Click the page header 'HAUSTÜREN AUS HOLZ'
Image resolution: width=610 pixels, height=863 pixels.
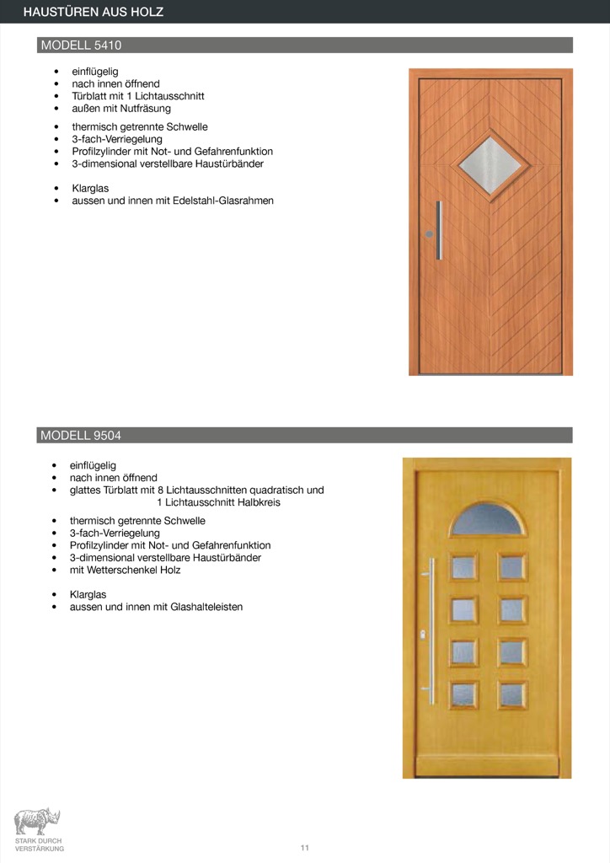coord(93,12)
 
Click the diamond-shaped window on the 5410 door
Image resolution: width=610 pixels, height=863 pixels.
coord(491,164)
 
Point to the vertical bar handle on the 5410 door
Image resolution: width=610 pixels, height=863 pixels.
coord(438,230)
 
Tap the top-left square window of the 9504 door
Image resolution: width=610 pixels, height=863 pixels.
coord(464,567)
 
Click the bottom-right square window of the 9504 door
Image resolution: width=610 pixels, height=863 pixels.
coord(511,694)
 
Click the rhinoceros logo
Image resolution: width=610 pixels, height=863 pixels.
coord(37,821)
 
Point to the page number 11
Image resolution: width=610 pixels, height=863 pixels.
coord(305,847)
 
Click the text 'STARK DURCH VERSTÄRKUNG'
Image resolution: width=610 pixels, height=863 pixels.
coord(39,844)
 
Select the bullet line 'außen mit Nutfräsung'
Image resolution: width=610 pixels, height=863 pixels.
coord(121,109)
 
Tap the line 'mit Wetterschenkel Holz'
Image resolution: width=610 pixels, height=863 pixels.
coord(126,570)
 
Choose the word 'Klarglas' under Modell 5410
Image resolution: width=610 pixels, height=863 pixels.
coord(90,189)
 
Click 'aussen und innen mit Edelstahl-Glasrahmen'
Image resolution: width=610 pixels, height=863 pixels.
coord(173,201)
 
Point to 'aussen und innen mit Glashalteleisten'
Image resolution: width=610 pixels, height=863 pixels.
coord(156,607)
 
